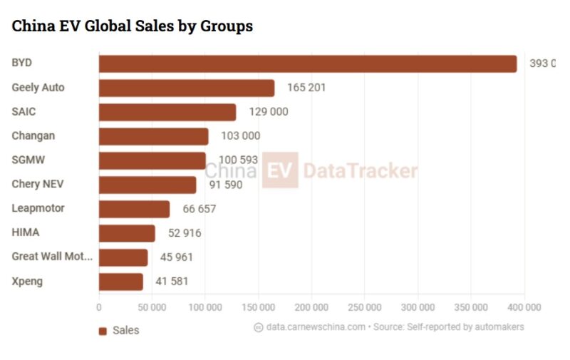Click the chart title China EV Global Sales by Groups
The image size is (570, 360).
click(132, 26)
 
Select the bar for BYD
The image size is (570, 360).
click(307, 63)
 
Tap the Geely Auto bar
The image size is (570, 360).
click(186, 88)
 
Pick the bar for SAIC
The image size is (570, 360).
click(167, 112)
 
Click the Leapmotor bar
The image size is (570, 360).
click(134, 209)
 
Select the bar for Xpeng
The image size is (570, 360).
click(120, 282)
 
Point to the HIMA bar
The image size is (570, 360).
click(126, 233)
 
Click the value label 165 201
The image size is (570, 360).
click(306, 88)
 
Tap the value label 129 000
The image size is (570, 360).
click(269, 112)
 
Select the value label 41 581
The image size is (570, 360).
click(172, 282)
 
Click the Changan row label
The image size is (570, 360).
click(33, 135)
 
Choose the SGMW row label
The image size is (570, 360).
click(28, 160)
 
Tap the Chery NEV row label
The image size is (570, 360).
click(38, 184)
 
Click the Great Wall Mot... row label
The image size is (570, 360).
click(52, 257)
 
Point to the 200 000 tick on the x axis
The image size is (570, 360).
click(311, 307)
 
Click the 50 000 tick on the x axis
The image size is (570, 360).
click(152, 307)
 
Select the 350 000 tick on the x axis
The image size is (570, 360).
click(471, 307)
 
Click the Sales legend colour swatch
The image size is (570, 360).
click(103, 331)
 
